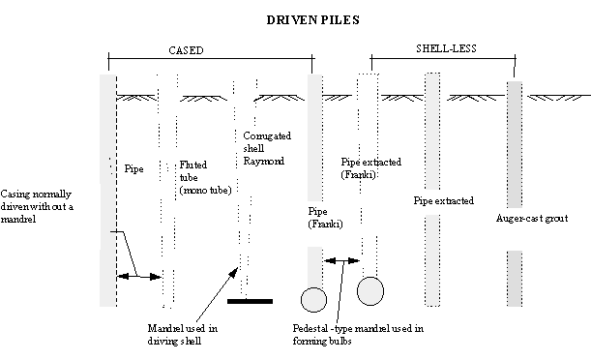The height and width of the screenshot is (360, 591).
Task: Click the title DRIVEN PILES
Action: pos(296,18)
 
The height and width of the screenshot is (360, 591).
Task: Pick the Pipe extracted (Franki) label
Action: pos(371,168)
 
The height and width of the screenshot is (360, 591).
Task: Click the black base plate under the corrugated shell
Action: pos(249,301)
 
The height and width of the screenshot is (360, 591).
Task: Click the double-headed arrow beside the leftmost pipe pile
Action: pos(138,277)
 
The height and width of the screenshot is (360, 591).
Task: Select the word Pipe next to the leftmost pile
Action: pos(134,169)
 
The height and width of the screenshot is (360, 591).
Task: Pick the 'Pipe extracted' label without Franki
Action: pos(443,201)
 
